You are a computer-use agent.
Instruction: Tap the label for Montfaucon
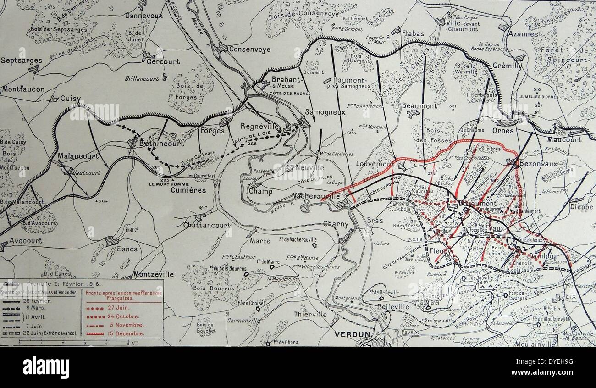point(22,89)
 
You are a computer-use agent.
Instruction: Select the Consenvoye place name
point(249,50)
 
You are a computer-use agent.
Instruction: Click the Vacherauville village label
point(317,196)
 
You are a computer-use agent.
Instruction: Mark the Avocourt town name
point(26,240)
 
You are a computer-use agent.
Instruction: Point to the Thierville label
point(311,314)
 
